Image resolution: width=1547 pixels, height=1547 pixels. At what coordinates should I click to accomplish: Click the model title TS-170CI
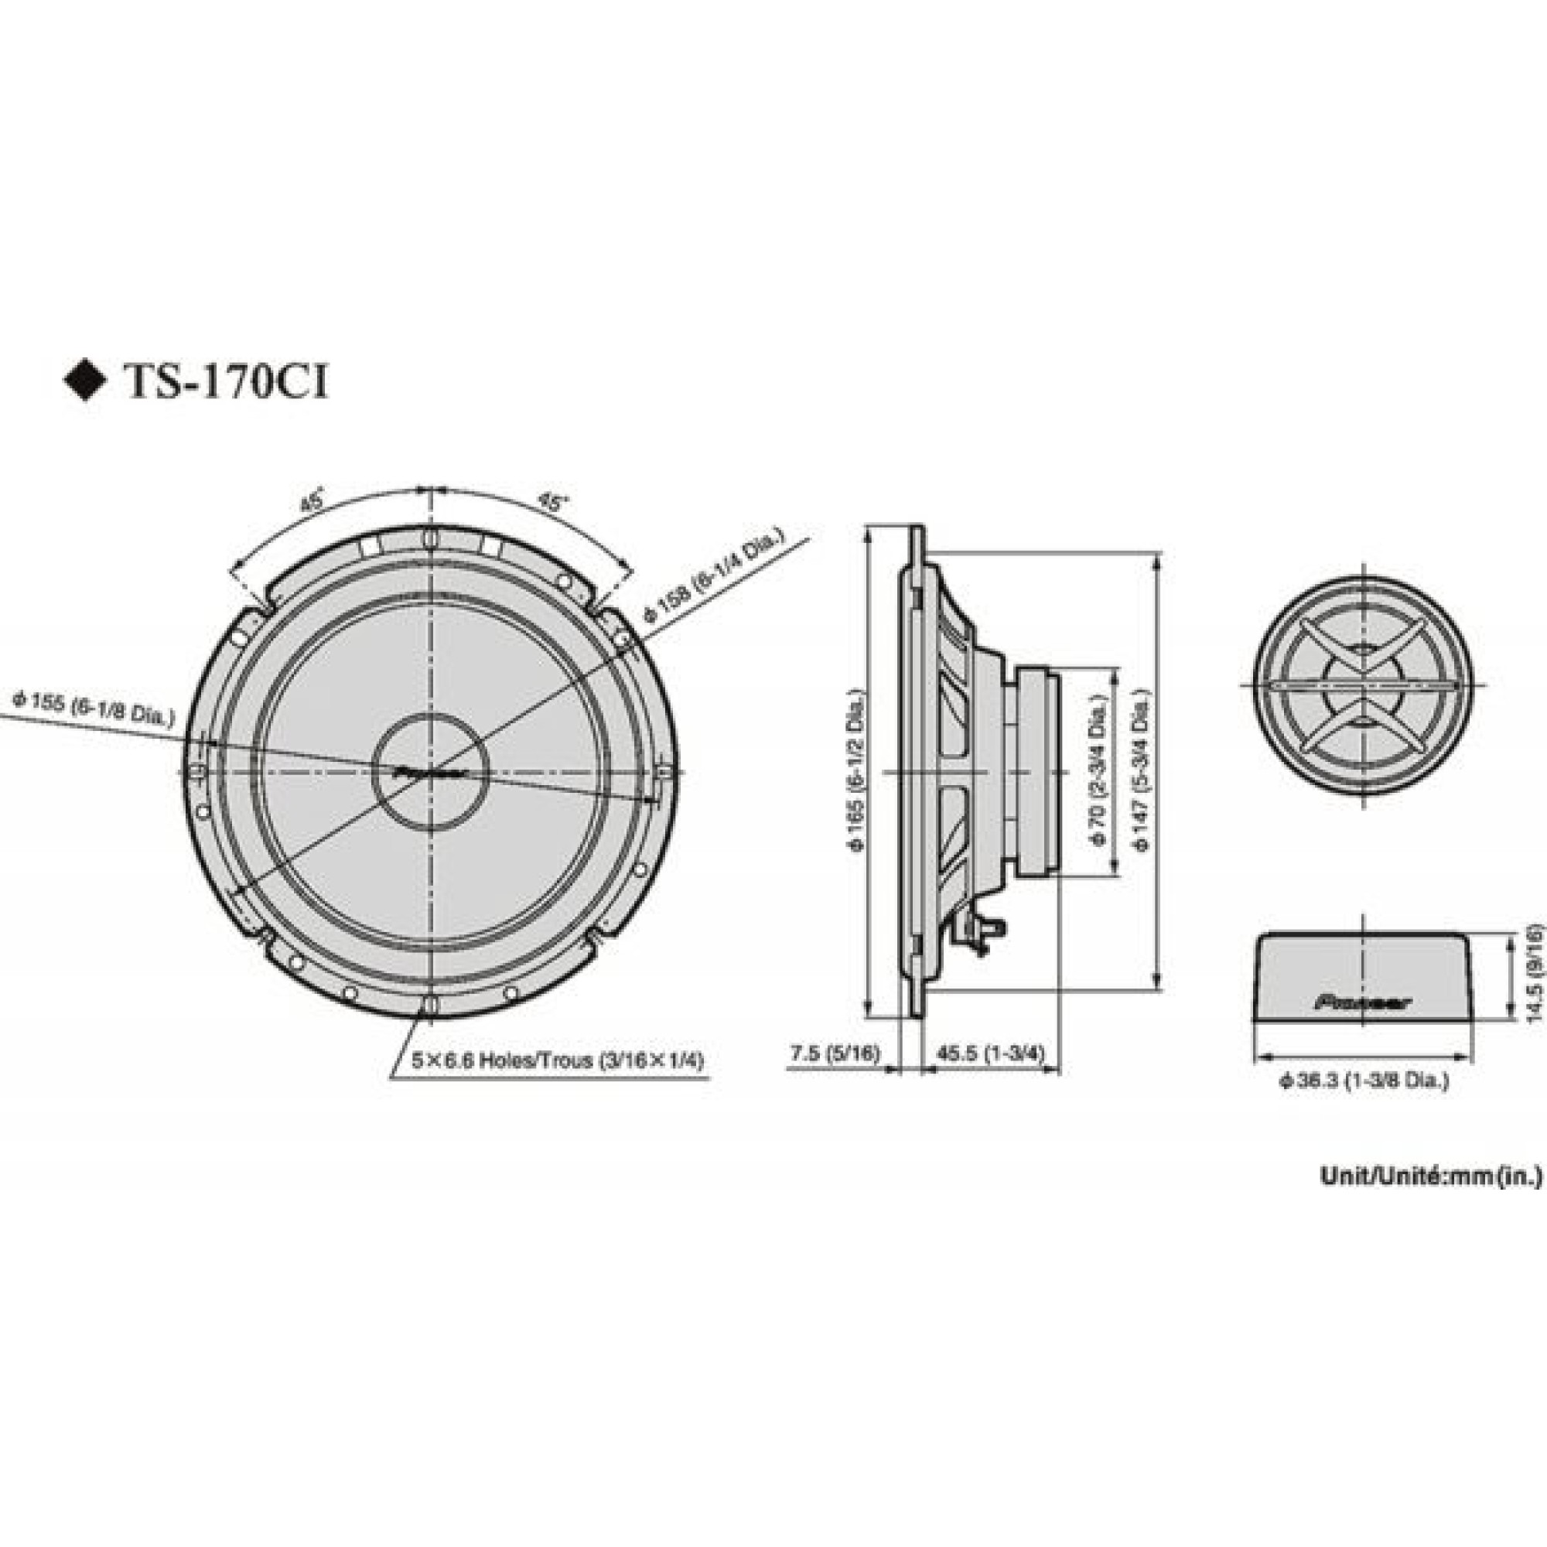point(224,383)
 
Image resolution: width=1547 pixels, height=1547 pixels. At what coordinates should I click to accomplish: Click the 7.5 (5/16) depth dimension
point(835,1054)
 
